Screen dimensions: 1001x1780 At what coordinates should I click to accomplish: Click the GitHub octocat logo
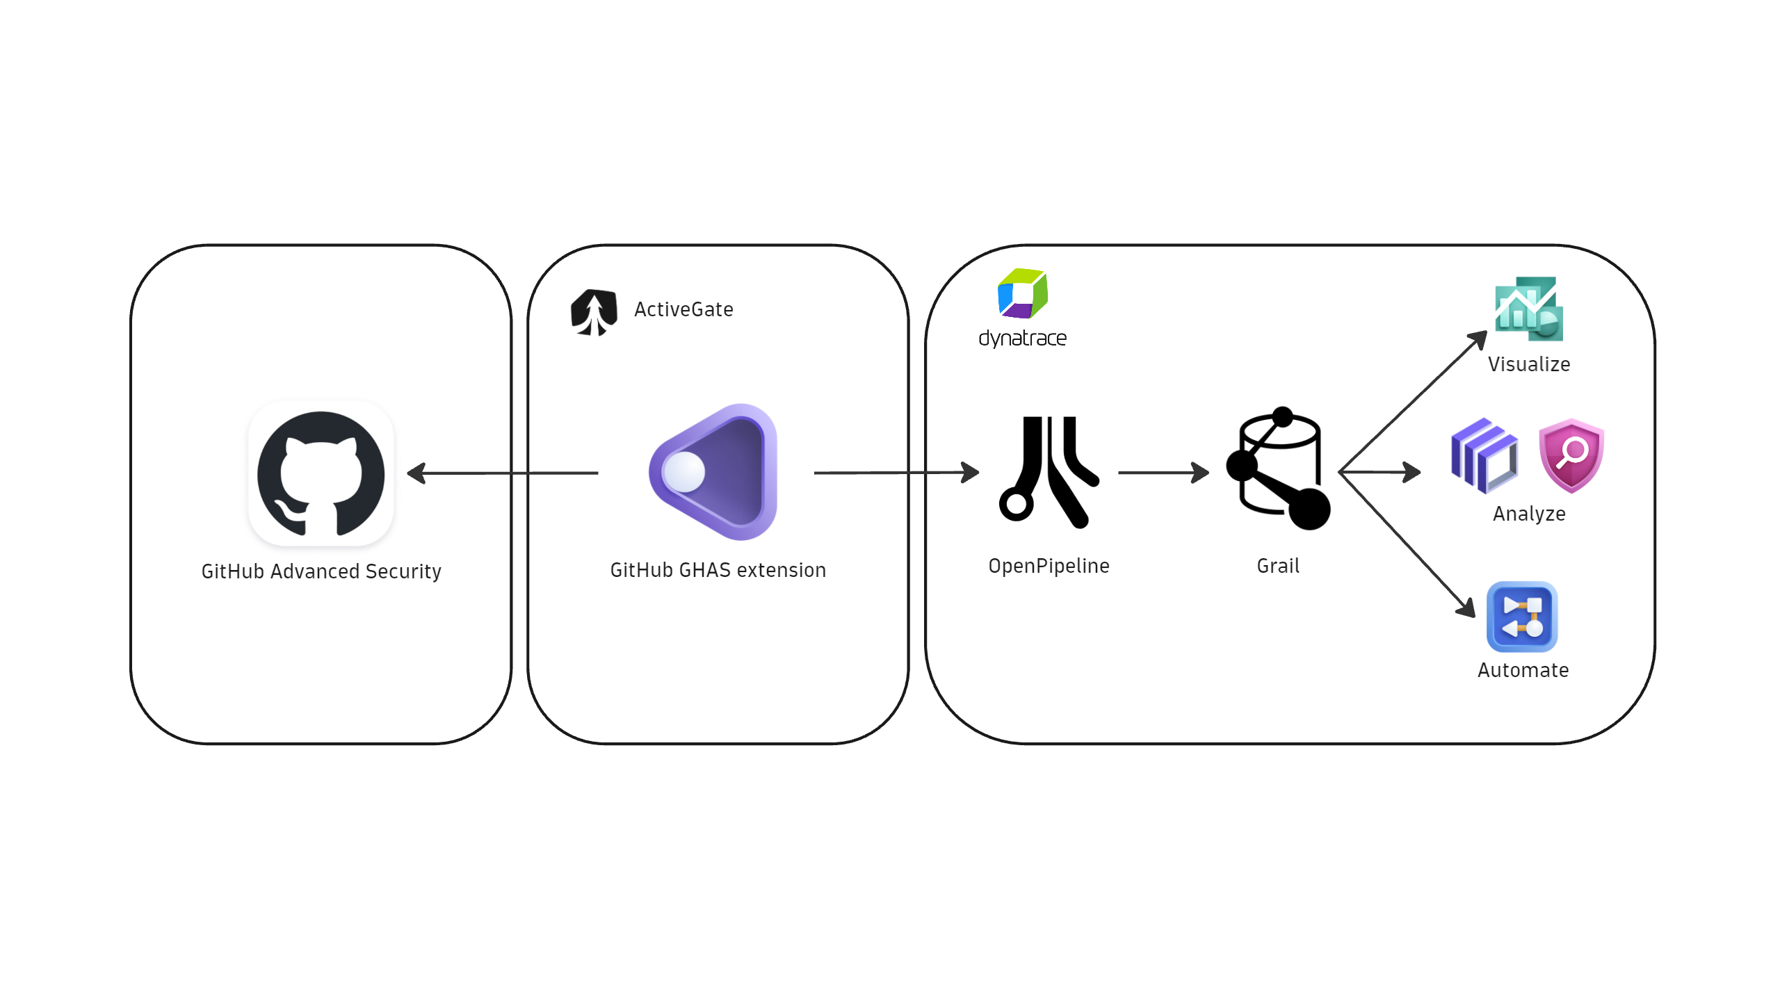tap(321, 473)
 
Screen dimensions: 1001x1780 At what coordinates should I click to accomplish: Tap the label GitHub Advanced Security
tap(321, 571)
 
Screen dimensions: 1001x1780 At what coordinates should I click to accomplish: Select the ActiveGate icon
tap(594, 312)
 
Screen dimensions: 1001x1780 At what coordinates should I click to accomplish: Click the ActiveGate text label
tap(683, 309)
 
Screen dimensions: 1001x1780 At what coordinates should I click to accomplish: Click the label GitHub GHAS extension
tap(718, 570)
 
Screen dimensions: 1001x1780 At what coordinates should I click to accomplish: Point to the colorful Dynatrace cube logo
tap(1022, 293)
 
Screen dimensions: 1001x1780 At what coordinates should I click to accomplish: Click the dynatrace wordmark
tap(1022, 339)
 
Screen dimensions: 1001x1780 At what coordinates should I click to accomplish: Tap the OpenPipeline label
tap(1049, 566)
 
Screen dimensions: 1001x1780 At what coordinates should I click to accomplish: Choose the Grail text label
tap(1278, 566)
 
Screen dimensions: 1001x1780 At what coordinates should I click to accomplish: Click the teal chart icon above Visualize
tap(1529, 309)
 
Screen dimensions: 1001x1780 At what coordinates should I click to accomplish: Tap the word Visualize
tap(1529, 364)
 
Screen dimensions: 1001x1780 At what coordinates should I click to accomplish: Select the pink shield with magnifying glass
tap(1571, 456)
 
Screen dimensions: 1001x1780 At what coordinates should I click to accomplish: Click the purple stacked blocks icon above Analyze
tap(1484, 456)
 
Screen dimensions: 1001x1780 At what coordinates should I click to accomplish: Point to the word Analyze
tap(1529, 514)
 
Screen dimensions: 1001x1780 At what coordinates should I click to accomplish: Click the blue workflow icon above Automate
tap(1522, 617)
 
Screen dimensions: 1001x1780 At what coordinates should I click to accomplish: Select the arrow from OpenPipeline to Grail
tap(1163, 473)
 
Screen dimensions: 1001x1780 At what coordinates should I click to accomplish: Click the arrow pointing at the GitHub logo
tap(503, 473)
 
